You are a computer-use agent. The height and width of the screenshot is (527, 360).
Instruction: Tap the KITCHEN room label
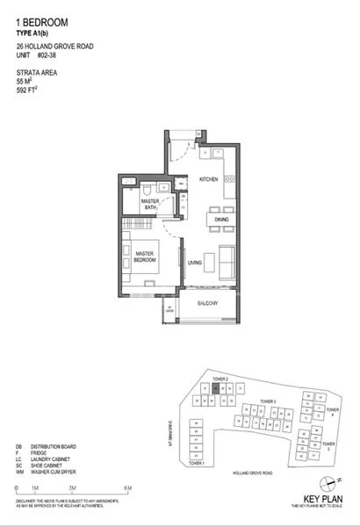(208, 180)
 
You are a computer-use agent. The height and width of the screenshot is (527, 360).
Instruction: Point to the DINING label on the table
(220, 220)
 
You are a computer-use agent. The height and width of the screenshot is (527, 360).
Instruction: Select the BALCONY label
(207, 303)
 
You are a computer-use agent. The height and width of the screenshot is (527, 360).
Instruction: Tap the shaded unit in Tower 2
(215, 387)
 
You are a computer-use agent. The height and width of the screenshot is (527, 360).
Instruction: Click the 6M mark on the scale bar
(127, 488)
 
